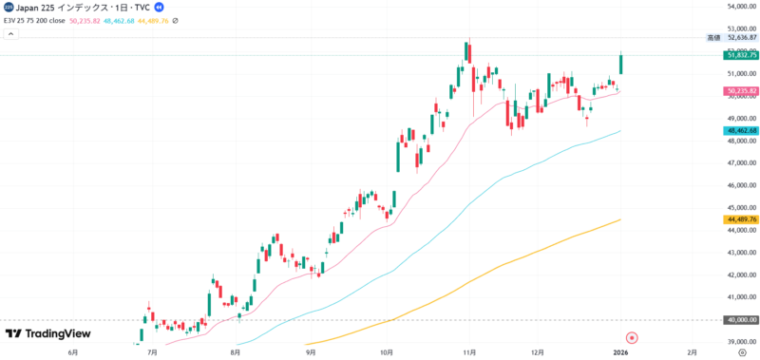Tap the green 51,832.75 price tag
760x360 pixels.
(x=740, y=56)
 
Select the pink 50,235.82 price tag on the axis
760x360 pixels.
(x=740, y=91)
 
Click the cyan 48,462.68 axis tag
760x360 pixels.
(x=740, y=130)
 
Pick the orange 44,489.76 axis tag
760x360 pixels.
(x=740, y=219)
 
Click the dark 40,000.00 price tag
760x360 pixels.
(x=740, y=320)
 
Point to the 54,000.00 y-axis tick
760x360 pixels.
(x=740, y=7)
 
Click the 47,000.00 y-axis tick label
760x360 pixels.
(x=740, y=163)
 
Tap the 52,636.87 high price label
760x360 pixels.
(x=740, y=37)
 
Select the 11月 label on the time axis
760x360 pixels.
(x=468, y=351)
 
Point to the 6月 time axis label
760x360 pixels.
(x=74, y=351)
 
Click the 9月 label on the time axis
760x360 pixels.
(x=311, y=351)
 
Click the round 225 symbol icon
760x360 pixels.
(x=9, y=7)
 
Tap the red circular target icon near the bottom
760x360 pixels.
(x=631, y=337)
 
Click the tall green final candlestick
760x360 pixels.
(x=620, y=63)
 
